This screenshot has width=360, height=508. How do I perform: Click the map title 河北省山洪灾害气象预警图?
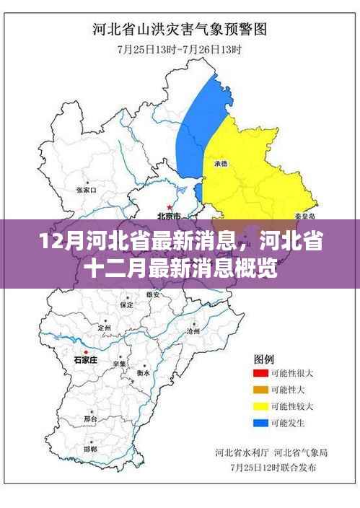180,30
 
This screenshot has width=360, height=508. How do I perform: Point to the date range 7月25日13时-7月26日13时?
180,49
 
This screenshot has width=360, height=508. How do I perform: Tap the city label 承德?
220,165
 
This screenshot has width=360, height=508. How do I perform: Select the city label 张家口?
86,190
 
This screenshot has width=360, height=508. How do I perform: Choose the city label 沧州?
193,330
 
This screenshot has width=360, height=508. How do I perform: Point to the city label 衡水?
144,373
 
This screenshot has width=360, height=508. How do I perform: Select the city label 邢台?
90,419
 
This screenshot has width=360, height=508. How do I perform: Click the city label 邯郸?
90,449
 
